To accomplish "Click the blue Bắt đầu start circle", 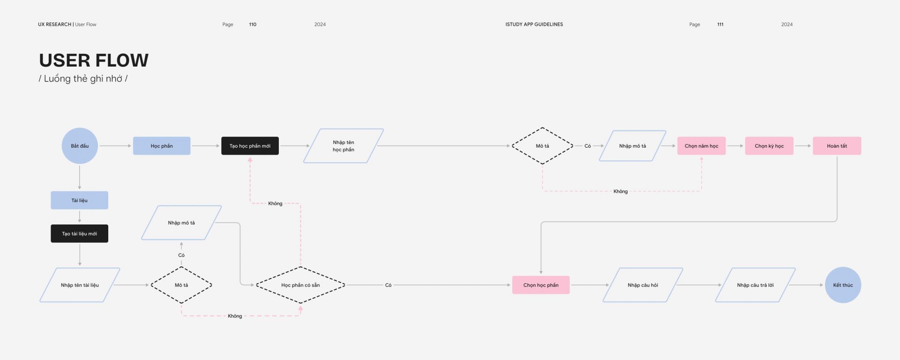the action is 80,146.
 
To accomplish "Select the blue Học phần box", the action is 162,146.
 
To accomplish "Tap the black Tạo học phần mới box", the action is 250,146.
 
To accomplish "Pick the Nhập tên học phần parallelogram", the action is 344,146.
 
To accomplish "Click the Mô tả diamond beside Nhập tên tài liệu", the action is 181,285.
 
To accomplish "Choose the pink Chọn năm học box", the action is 701,146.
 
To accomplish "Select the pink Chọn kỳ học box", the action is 769,146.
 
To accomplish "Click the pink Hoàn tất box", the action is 837,146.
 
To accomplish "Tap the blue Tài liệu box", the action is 80,200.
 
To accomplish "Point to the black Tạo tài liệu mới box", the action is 80,233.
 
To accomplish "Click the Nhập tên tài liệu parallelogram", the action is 80,285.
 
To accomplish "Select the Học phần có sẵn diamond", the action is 300,285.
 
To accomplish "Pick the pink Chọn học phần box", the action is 541,285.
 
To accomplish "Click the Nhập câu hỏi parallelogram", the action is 643,285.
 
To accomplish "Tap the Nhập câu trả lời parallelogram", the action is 755,285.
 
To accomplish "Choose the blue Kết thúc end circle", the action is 843,285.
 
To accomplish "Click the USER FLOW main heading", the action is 94,60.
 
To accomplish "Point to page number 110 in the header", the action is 253,24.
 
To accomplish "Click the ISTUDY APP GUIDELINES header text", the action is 534,24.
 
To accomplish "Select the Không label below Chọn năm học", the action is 621,191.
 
